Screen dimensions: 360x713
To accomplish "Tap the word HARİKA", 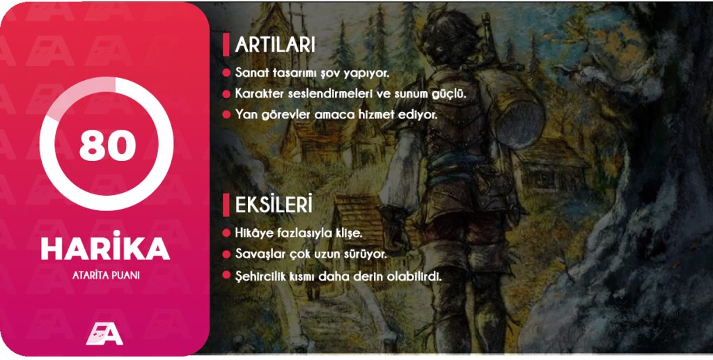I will [x=105, y=249].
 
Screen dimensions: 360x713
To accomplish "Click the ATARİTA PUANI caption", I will [x=105, y=275].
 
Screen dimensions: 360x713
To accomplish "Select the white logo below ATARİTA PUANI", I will [x=104, y=334].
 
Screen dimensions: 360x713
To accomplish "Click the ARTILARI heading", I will [x=275, y=45].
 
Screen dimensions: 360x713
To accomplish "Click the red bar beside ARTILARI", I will [x=226, y=45].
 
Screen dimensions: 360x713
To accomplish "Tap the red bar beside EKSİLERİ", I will [x=226, y=205].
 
